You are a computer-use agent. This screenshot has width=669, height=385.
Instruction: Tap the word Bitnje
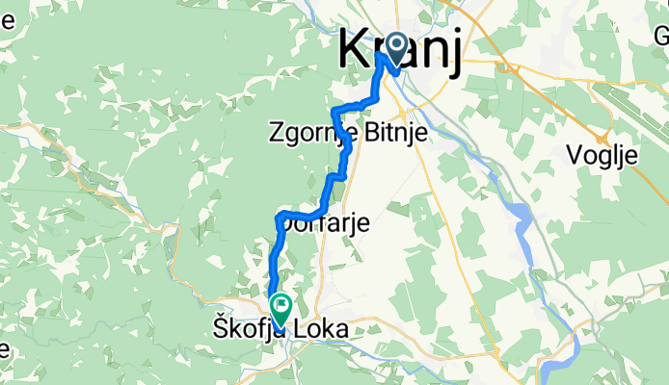397,136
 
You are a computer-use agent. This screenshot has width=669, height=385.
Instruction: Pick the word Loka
323,329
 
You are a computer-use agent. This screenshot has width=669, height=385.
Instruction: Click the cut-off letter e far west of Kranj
4,20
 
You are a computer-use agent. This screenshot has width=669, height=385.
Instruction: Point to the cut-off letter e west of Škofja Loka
4,347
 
